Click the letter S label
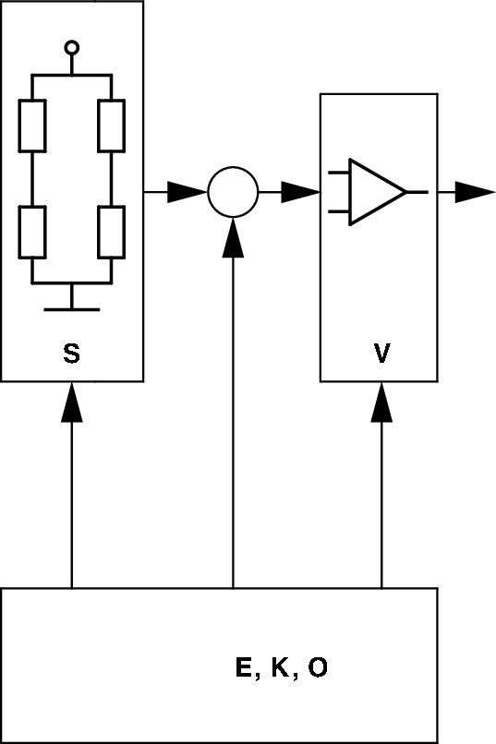tap(72, 354)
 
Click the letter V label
tap(381, 354)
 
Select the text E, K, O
tap(282, 668)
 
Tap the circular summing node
tap(232, 192)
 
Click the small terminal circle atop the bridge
tap(72, 47)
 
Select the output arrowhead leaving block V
tap(475, 192)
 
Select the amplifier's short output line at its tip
tap(417, 192)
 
